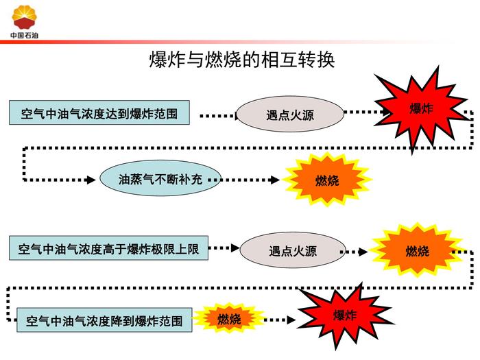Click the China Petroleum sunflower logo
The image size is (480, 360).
25,16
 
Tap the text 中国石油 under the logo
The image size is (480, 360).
25,35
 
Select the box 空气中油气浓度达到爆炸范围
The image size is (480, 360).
99,113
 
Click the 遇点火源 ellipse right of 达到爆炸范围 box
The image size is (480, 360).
289,114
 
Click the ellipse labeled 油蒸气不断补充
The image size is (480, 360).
160,180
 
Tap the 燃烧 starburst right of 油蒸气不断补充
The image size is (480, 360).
327,180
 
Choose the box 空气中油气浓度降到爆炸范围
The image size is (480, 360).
104,320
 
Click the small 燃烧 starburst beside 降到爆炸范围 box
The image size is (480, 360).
229,319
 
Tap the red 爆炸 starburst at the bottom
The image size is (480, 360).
344,315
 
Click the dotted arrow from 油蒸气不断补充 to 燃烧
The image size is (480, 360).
250,180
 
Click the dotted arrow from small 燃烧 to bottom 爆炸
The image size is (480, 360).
280,320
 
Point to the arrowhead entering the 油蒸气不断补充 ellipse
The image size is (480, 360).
93,180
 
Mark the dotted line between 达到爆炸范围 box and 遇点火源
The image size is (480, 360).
217,115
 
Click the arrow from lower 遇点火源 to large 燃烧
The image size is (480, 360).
355,252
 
